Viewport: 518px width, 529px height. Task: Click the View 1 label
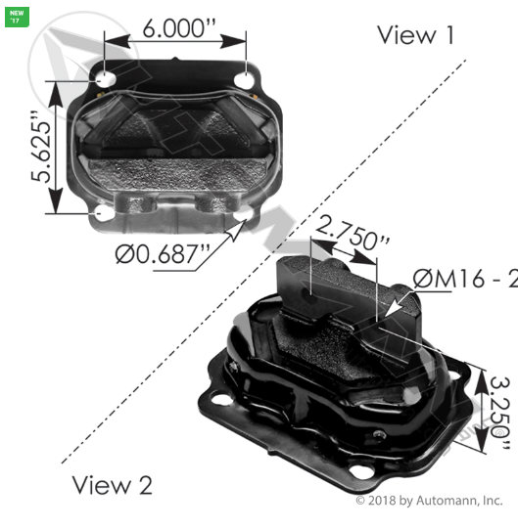pyautogui.click(x=416, y=36)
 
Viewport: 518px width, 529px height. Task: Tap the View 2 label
pyautogui.click(x=114, y=484)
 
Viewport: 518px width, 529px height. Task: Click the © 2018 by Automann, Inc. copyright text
pyautogui.click(x=429, y=501)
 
